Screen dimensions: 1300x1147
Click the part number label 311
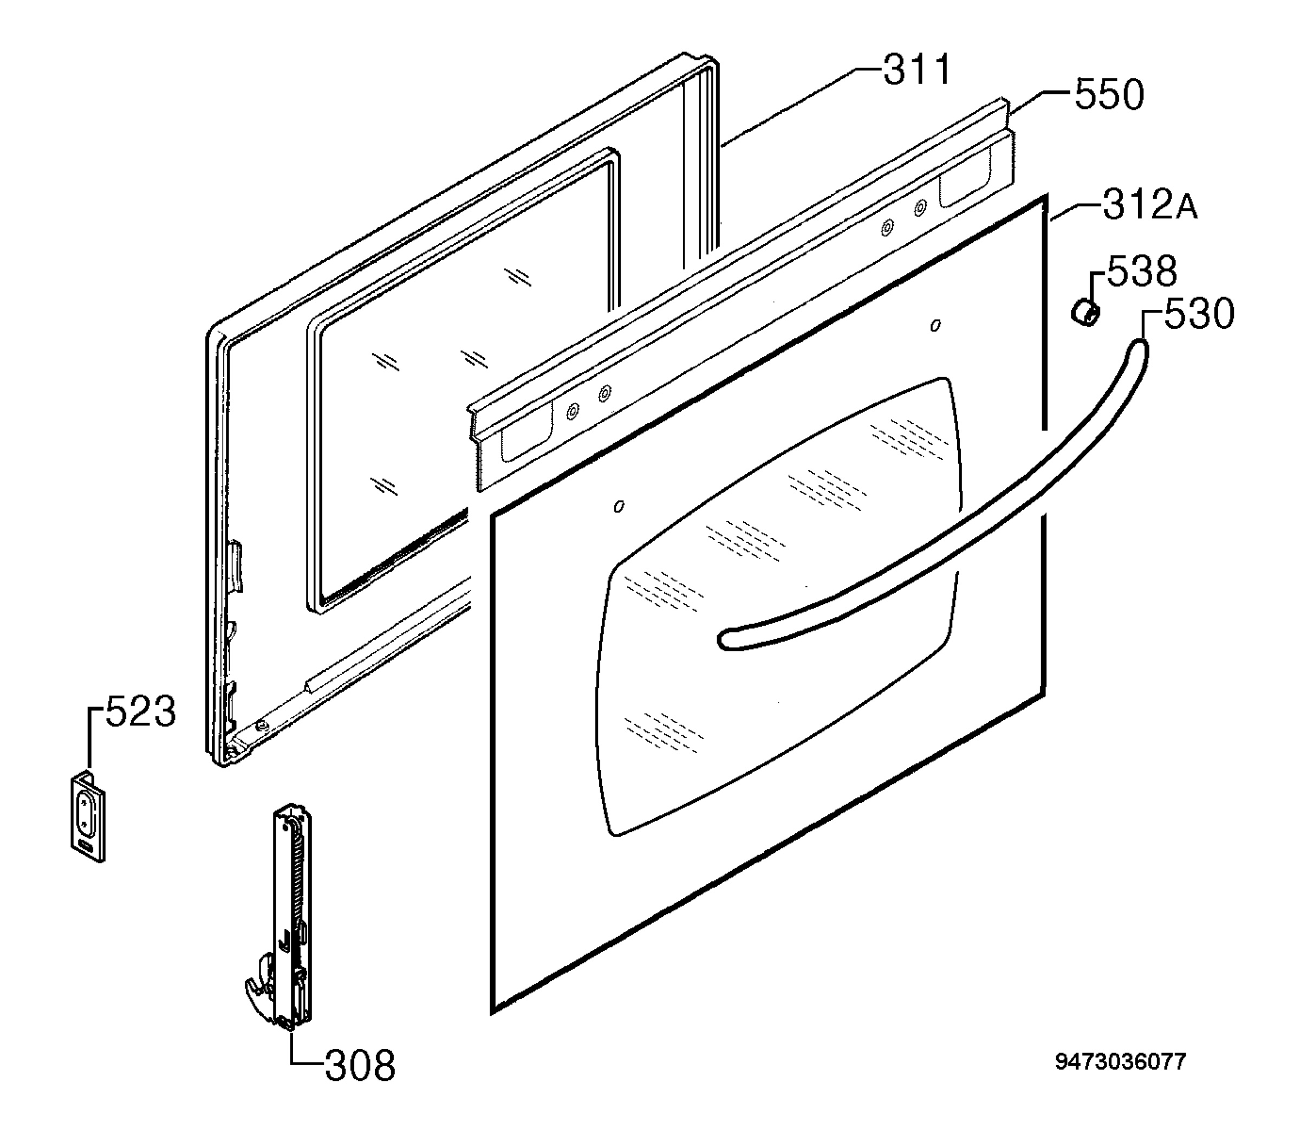coord(917,69)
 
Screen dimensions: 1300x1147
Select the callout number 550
coord(1109,95)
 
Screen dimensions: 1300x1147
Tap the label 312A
coord(1150,205)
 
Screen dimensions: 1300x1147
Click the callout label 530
coord(1199,314)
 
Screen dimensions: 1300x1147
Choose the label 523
coord(140,711)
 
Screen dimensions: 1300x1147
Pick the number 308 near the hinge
coord(360,1066)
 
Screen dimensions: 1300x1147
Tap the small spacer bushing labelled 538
coord(1085,313)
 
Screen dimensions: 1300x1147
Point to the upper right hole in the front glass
coord(935,326)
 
